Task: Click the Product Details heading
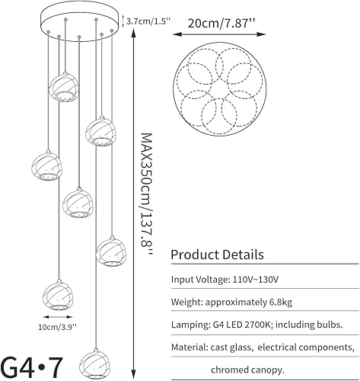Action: (217, 254)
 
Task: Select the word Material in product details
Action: (190, 348)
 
